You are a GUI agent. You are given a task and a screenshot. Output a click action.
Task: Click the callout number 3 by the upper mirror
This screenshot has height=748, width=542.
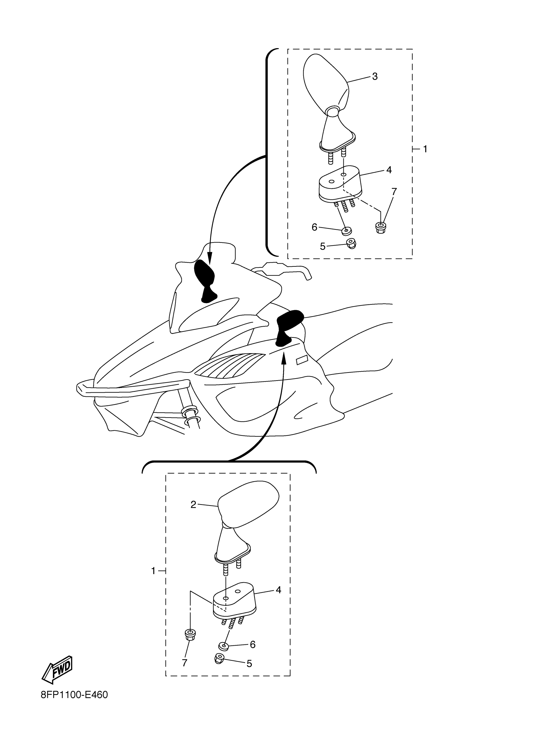(374, 76)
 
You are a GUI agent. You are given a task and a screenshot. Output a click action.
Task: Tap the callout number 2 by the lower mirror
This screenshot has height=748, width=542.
(193, 504)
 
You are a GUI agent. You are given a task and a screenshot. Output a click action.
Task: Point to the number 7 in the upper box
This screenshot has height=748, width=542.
(394, 191)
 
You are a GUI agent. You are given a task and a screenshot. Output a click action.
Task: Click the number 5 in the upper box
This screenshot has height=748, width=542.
(323, 246)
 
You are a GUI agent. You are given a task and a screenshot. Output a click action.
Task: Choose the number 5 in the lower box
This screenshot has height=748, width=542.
(249, 664)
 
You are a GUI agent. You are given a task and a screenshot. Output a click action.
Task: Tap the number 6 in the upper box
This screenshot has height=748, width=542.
(314, 227)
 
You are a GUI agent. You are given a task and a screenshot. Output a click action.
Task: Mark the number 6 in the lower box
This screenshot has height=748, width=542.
(253, 644)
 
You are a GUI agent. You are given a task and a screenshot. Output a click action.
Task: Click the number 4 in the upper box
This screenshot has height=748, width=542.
(389, 170)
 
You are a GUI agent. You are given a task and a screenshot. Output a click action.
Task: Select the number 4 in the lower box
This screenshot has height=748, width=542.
(278, 590)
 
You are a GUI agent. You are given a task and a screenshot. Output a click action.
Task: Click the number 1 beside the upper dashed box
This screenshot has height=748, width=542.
(425, 149)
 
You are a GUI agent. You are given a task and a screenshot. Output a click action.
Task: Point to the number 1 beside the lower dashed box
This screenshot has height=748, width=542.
(153, 571)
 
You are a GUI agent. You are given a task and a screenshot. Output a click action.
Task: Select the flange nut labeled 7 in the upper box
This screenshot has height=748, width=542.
(380, 228)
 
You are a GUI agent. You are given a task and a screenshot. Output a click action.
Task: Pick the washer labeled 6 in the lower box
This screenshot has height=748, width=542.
(224, 646)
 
